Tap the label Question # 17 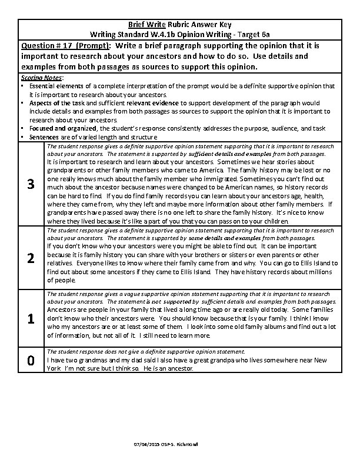point(46,45)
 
